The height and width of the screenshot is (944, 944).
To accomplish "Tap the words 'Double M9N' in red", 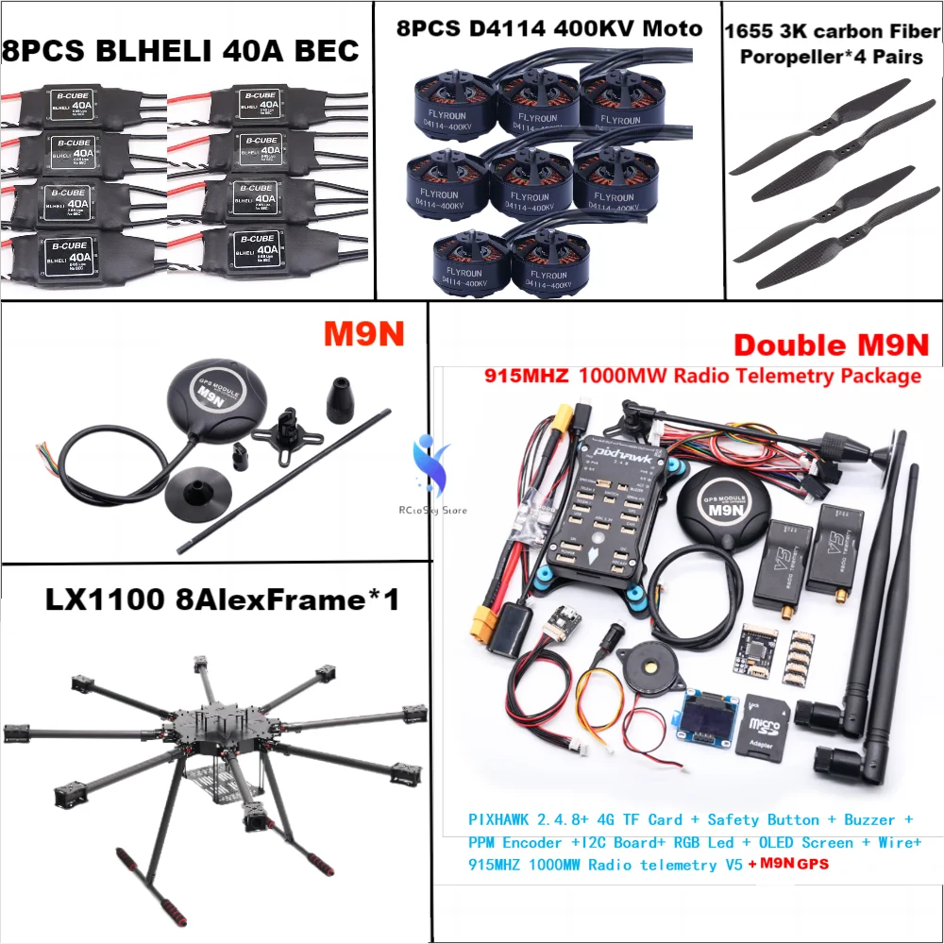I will [x=831, y=346].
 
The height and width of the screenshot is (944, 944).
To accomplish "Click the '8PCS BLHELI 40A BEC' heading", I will [x=180, y=49].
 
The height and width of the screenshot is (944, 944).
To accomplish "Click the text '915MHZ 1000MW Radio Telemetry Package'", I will [x=702, y=376].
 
